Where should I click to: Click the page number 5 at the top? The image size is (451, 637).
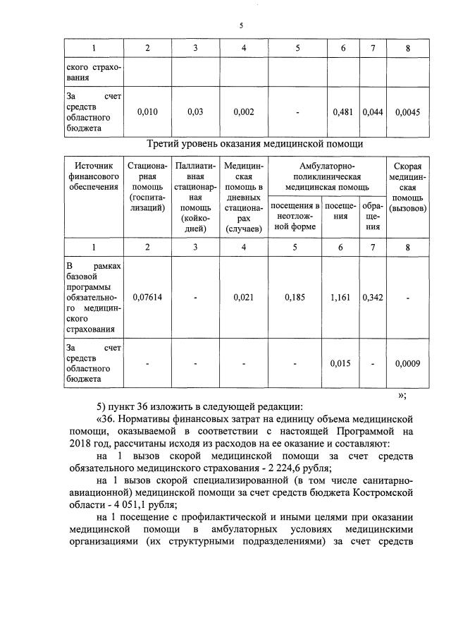point(241,25)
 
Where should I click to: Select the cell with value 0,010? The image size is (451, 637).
point(147,112)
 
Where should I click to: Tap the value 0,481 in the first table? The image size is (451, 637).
point(343,112)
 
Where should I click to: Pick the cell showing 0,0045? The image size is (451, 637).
point(408,112)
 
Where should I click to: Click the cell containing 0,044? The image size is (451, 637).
point(373,112)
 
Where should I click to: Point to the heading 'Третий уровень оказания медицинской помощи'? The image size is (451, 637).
point(254,144)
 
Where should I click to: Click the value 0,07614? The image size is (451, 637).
point(147,297)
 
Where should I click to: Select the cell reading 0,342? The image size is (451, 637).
point(373,297)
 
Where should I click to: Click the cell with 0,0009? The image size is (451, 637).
point(408,363)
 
